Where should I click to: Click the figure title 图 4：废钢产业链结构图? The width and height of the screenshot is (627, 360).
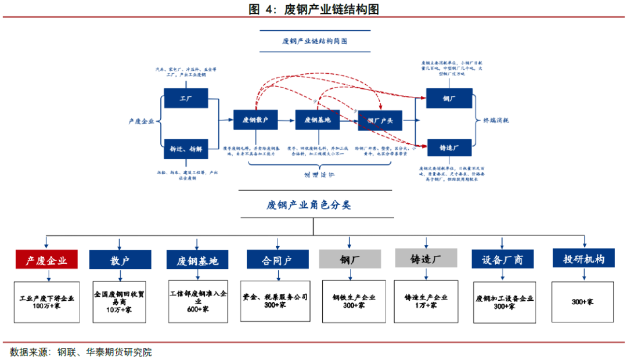[x=313, y=9]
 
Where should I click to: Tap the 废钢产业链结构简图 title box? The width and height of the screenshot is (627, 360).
[x=313, y=41]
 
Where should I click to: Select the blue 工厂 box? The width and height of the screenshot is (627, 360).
[x=186, y=98]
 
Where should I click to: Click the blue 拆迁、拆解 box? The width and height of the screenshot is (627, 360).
[x=186, y=149]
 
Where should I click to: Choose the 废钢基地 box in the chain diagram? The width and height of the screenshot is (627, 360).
[x=317, y=120]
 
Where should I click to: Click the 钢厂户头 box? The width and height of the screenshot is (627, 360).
[x=380, y=120]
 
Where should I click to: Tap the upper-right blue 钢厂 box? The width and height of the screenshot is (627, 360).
[x=449, y=98]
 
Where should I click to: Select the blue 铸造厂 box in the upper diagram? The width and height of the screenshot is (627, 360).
[x=449, y=149]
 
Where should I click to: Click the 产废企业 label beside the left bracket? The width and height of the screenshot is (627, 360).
[x=142, y=121]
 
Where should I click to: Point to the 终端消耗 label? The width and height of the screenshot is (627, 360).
[x=496, y=121]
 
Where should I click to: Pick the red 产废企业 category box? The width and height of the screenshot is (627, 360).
[x=46, y=260]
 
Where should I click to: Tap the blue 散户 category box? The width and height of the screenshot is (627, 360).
[x=120, y=260]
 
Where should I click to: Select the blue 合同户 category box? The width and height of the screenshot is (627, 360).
[x=278, y=260]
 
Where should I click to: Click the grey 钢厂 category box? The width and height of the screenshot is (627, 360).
[x=349, y=259]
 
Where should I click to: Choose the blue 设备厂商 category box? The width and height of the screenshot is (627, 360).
[x=503, y=259]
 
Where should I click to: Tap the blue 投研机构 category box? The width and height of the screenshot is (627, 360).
[x=583, y=258]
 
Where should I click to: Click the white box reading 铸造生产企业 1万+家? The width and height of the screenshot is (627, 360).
[x=426, y=301]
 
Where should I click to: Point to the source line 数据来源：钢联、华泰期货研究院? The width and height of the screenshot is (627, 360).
[x=81, y=352]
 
